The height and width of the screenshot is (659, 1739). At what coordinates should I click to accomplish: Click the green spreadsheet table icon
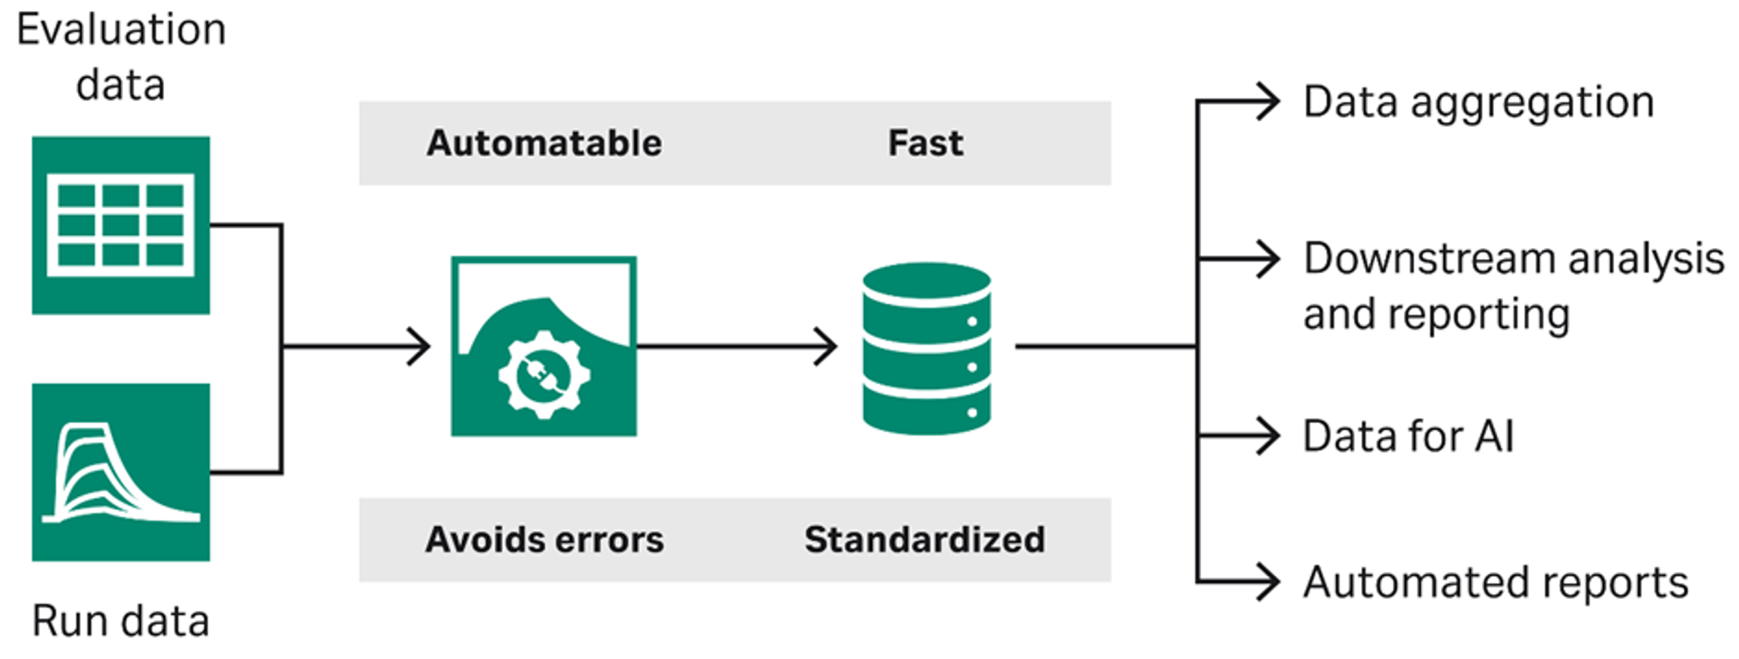120,225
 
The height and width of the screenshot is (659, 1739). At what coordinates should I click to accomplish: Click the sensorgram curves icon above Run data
120,472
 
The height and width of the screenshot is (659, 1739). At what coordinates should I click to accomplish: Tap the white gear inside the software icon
543,374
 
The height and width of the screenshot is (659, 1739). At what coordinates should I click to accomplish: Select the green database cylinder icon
927,349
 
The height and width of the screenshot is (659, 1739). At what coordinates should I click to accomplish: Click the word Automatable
544,143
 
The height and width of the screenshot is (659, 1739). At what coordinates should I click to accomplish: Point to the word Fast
925,143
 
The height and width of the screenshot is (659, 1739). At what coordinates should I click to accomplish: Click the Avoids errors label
544,540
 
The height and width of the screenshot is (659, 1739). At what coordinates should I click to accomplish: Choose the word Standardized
925,540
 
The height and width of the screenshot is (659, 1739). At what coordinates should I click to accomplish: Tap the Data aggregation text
1478,102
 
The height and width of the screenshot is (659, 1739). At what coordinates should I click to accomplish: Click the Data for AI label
1408,436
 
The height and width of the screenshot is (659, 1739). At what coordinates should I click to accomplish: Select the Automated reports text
1495,582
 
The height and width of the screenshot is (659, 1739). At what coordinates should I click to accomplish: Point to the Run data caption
120,621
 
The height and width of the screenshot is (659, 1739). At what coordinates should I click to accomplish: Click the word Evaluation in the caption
120,30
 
